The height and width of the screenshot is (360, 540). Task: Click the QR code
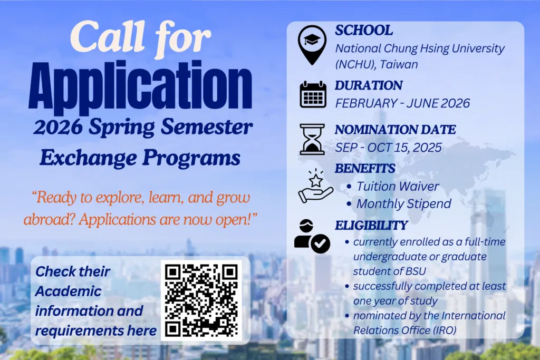(x=201, y=301)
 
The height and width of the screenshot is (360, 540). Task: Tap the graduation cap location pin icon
(x=312, y=44)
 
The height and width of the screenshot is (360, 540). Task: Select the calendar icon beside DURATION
(x=313, y=95)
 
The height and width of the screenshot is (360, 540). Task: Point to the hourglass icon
(x=312, y=139)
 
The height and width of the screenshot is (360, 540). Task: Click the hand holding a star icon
(x=315, y=187)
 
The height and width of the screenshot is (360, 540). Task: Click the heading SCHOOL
(x=364, y=31)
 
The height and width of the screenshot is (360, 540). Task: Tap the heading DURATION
(x=369, y=85)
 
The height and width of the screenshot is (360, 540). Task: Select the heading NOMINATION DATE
(x=396, y=129)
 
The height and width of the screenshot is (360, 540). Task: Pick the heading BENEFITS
(x=365, y=169)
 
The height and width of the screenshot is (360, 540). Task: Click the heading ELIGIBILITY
(x=371, y=226)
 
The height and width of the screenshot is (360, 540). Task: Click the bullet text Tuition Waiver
(x=398, y=186)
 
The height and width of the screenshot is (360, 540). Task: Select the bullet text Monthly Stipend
(x=404, y=203)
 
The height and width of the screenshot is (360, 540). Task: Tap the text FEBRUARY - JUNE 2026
(x=402, y=103)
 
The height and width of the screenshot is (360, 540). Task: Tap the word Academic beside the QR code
(x=69, y=291)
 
